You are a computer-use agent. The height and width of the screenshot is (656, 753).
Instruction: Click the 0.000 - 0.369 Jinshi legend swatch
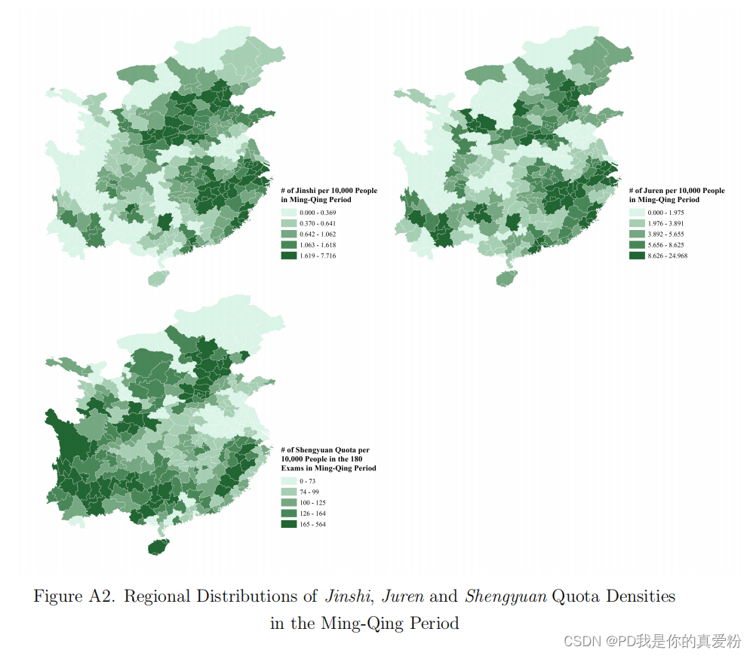tap(288, 212)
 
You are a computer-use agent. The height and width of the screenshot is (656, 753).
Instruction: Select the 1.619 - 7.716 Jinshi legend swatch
tap(288, 256)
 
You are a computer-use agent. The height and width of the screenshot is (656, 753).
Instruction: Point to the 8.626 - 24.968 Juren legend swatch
tap(637, 256)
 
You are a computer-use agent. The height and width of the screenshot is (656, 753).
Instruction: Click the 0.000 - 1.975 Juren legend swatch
tap(637, 212)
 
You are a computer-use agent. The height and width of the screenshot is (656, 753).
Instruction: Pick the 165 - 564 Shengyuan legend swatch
tap(288, 524)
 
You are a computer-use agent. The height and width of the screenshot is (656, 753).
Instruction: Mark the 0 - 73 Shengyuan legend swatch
tap(288, 480)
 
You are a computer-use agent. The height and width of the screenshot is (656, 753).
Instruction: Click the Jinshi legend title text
tap(328, 195)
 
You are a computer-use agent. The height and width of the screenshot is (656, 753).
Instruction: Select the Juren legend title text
tap(676, 195)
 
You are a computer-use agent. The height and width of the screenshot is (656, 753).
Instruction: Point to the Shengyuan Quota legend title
tap(327, 458)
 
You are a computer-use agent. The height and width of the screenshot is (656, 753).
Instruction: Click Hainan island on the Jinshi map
tap(157, 277)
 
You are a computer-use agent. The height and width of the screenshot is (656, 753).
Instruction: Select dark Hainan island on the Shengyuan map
tap(158, 547)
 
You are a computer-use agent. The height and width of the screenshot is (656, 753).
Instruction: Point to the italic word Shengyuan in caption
tap(505, 596)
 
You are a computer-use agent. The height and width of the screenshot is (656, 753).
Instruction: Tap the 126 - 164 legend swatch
tap(288, 513)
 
